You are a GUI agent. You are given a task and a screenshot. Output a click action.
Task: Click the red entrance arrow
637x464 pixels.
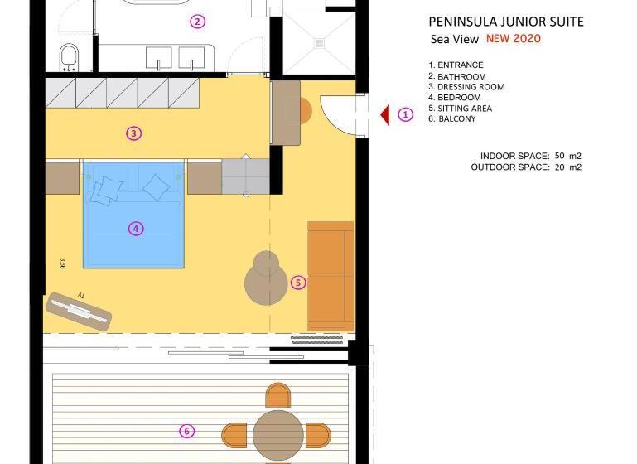[385, 115]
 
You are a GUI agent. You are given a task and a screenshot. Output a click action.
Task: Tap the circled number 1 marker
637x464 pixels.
[405, 115]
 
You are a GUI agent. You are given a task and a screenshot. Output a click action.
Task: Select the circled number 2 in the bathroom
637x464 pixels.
[197, 22]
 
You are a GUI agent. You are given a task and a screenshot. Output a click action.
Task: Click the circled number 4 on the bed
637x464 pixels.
[137, 229]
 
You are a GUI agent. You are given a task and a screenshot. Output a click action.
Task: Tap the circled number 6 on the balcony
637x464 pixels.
[187, 431]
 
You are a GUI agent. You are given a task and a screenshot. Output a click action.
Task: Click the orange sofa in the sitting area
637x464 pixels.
[331, 275]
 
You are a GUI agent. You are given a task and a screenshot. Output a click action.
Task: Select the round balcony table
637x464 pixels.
[277, 433]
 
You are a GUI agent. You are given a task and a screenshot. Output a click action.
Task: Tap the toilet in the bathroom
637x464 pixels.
[69, 57]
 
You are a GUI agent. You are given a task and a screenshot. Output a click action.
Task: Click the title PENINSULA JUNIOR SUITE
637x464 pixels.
[505, 22]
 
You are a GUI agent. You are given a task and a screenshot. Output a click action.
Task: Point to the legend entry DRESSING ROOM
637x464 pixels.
[466, 87]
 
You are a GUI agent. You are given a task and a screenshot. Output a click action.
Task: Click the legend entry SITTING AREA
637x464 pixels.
[460, 109]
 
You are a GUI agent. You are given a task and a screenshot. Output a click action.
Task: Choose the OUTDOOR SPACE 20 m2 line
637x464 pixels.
[526, 167]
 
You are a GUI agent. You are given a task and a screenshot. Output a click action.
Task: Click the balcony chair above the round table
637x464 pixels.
[278, 395]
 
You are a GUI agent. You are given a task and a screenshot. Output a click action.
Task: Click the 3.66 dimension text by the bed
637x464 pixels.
[63, 263]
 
